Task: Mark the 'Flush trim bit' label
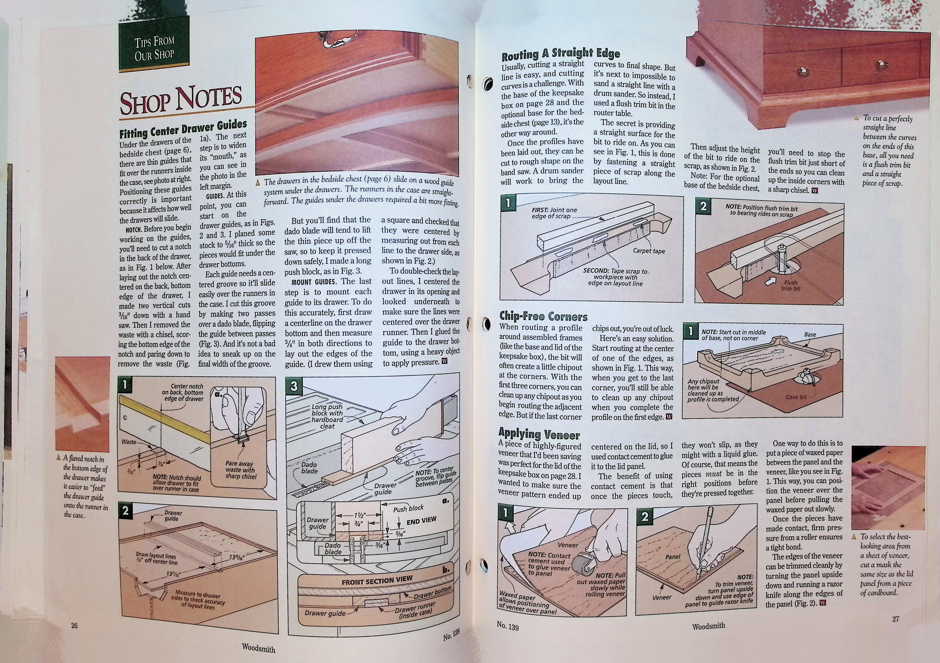pos(791,285)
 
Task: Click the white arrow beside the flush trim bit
pos(770,281)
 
